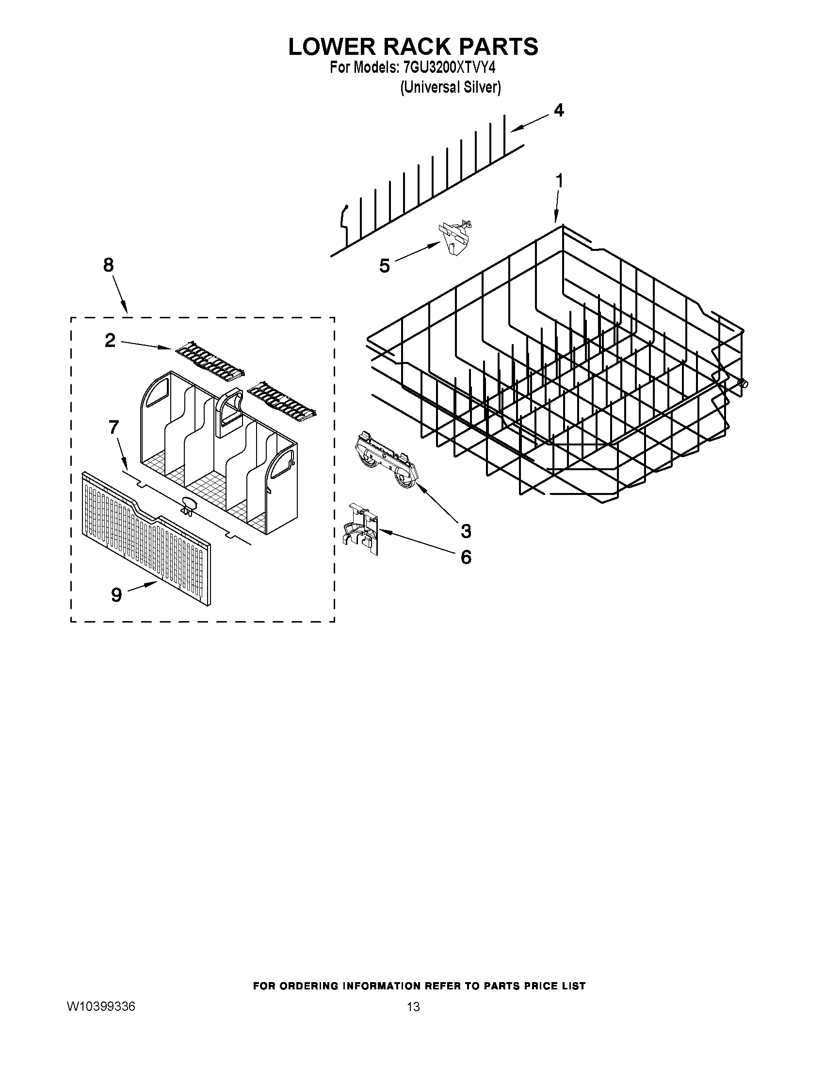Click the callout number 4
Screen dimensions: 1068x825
tap(559, 111)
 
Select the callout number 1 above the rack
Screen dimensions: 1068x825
tap(560, 181)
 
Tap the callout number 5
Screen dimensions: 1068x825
tap(385, 266)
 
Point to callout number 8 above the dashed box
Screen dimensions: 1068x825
tap(109, 265)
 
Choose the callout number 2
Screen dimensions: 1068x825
tap(111, 340)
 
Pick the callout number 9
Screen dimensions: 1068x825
tap(116, 595)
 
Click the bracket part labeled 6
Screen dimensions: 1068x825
tap(360, 529)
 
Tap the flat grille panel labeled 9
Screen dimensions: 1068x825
tap(146, 538)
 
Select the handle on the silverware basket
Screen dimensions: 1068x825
tap(230, 411)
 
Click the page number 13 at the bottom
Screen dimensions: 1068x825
tap(413, 1007)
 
